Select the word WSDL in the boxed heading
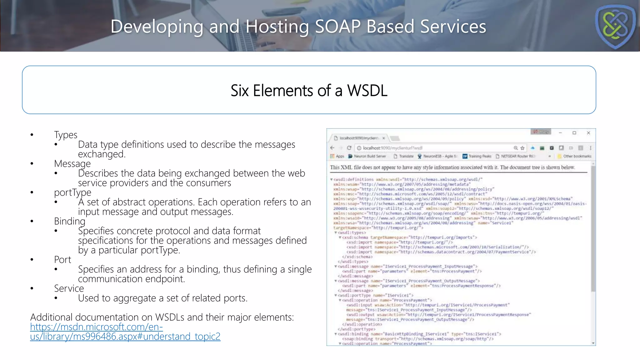[x=367, y=91]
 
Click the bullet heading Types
[x=66, y=135]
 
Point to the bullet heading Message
[x=72, y=163]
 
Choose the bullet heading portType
[x=72, y=192]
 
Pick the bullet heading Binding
[x=69, y=221]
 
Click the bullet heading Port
[x=62, y=260]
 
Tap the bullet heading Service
[x=69, y=288]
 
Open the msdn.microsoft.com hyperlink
[x=125, y=332]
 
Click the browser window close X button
[x=588, y=133]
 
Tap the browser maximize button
[x=574, y=133]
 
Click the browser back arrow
[x=332, y=148]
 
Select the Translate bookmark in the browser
[x=406, y=156]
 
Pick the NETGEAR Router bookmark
[x=517, y=156]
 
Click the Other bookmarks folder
[x=577, y=156]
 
